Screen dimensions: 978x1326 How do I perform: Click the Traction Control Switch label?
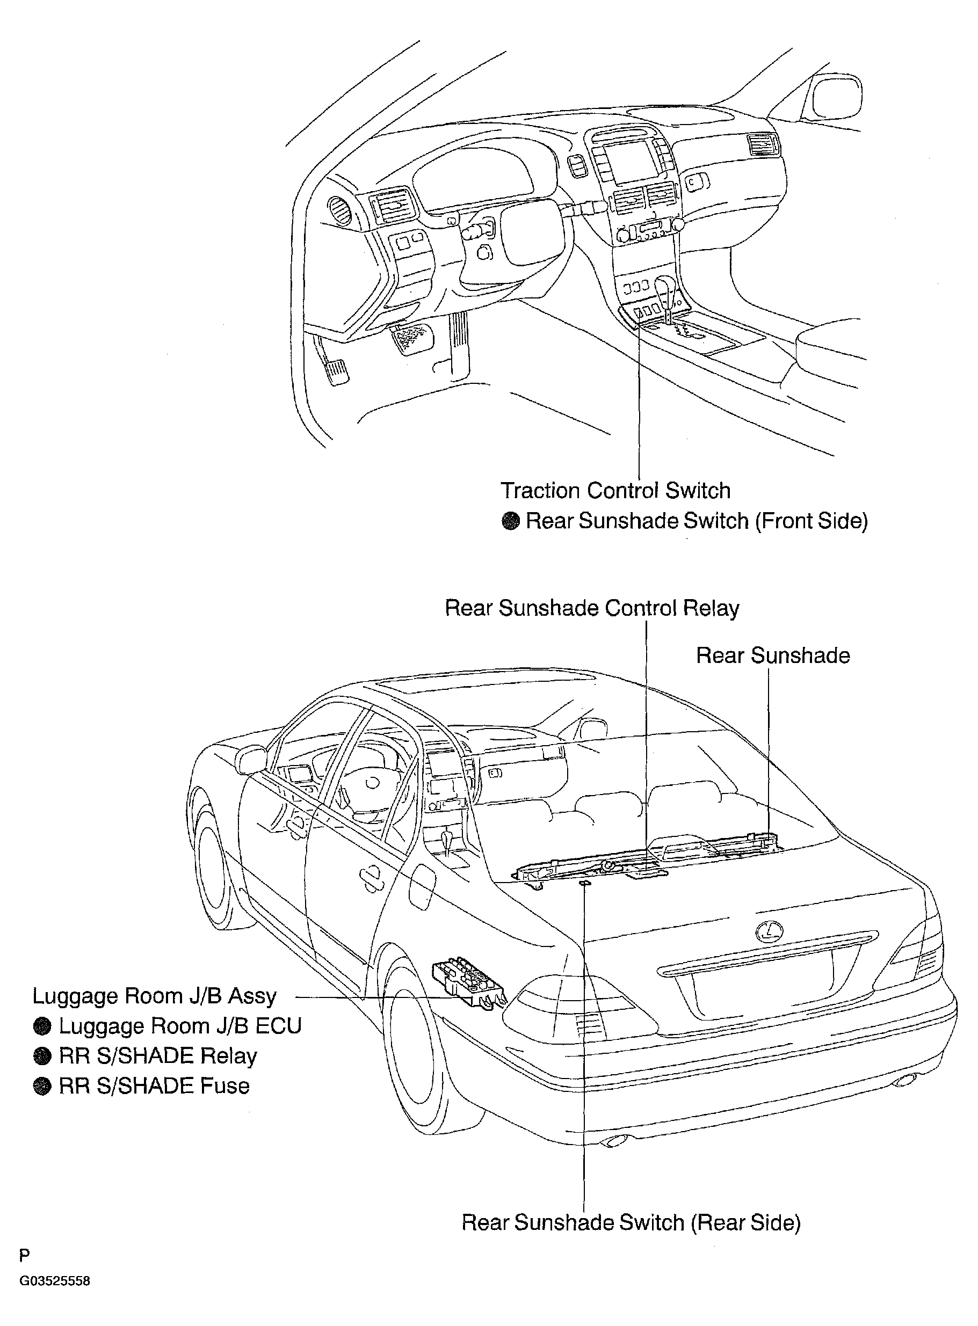click(615, 491)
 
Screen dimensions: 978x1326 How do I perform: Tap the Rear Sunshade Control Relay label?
click(592, 608)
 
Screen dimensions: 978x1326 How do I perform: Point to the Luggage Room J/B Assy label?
click(155, 996)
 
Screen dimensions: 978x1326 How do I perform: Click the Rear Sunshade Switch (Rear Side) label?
click(631, 1222)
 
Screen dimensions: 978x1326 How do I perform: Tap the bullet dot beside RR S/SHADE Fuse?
click(42, 1087)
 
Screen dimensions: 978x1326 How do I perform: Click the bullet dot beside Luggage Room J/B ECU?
click(42, 1026)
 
